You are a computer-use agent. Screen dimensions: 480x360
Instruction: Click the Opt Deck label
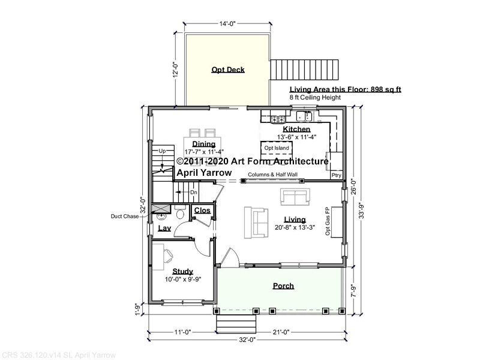tap(228, 70)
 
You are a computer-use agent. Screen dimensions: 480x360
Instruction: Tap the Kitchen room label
tap(296, 129)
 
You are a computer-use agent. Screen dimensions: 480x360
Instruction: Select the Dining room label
tap(204, 144)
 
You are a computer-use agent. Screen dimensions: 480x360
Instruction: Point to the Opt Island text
tap(277, 148)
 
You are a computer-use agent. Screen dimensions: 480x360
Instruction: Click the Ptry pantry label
tap(336, 175)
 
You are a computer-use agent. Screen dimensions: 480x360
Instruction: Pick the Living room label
tap(295, 220)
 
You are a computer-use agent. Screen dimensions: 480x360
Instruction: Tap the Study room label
tap(183, 271)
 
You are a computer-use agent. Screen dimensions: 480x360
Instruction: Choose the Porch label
tap(283, 286)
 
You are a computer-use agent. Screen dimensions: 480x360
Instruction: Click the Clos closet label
tap(202, 211)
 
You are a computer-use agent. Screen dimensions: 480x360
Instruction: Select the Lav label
tap(164, 228)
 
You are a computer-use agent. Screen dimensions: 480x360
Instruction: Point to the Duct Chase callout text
tap(125, 217)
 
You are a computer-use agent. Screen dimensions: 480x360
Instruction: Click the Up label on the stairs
tap(162, 151)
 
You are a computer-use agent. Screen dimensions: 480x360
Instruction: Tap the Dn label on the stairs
tap(194, 193)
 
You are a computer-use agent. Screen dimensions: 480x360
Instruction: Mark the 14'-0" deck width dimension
tap(227, 24)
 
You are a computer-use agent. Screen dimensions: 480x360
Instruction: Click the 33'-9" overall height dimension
tap(362, 211)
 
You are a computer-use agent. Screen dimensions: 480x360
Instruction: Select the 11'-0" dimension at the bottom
tap(183, 332)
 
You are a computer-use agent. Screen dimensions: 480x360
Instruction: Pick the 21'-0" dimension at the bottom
tap(281, 332)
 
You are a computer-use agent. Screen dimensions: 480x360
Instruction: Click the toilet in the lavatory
tap(180, 212)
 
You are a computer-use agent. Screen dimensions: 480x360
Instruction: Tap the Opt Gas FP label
tap(328, 221)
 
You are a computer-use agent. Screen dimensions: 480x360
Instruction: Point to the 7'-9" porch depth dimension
tap(353, 291)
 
